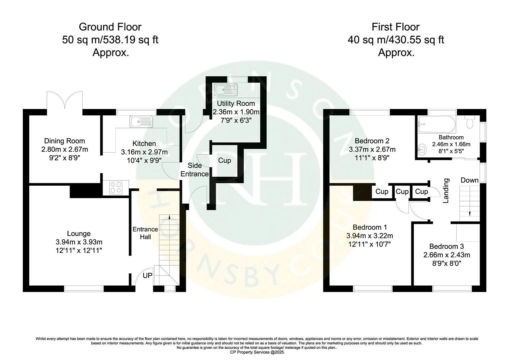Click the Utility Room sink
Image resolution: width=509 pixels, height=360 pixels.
point(226,89)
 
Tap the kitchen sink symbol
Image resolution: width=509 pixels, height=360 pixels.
point(141,122)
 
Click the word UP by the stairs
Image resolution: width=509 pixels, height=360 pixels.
point(148,276)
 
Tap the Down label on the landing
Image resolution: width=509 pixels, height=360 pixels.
point(469,180)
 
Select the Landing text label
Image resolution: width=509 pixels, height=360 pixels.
point(446,191)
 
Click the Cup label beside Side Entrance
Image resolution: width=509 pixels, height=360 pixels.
point(225,161)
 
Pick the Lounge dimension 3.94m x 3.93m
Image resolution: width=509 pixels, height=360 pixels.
point(79,242)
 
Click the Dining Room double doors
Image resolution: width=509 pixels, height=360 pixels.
point(65,100)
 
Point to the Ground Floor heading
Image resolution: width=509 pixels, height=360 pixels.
point(110,27)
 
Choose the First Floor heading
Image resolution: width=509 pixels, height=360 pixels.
point(395,27)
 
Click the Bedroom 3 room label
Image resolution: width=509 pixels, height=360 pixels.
point(446,246)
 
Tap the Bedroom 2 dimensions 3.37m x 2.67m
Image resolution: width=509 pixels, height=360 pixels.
point(372,149)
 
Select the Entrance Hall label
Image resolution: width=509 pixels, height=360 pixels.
point(145,233)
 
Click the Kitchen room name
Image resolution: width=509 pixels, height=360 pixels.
point(144,144)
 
